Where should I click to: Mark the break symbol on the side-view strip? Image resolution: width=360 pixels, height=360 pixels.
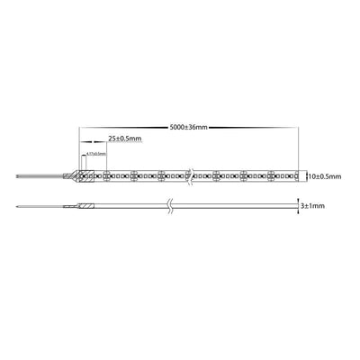(x=170, y=207)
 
